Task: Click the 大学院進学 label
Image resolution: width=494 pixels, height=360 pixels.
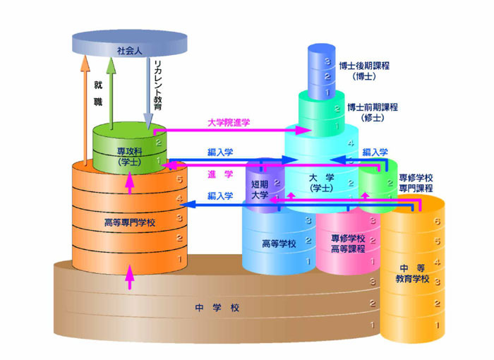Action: pyautogui.click(x=229, y=123)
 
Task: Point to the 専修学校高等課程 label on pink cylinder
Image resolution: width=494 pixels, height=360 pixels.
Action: pyautogui.click(x=347, y=244)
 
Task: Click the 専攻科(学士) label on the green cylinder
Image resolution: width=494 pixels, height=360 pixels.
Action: pyautogui.click(x=130, y=157)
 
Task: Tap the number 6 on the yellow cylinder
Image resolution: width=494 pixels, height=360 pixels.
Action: pyautogui.click(x=438, y=222)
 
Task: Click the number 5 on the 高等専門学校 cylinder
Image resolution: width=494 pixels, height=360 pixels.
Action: pyautogui.click(x=179, y=179)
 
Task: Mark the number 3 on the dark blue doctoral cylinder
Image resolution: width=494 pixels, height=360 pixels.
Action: pyautogui.click(x=327, y=62)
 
